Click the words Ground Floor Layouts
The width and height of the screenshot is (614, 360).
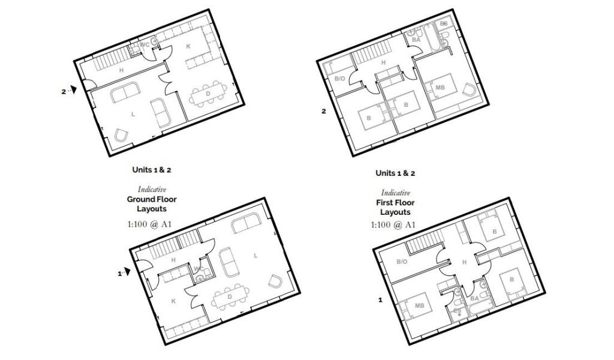151,204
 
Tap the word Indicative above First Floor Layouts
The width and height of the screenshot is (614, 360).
395,193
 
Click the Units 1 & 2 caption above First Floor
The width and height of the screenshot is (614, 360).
395,173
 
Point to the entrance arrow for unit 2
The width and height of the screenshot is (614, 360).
74,91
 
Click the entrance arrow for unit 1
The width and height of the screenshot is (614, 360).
127,273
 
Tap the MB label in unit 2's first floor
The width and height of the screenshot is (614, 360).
440,88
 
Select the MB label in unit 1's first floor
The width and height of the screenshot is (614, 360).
420,306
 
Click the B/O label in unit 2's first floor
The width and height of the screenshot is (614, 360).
339,79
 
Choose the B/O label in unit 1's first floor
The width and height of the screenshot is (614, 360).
402,262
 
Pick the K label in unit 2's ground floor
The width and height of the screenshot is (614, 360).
188,46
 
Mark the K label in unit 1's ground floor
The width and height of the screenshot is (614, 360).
173,301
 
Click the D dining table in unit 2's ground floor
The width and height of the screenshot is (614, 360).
209,95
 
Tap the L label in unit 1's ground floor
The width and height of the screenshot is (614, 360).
256,256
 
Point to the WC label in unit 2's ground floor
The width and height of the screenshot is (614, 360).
145,45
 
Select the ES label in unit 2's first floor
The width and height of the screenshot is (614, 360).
444,24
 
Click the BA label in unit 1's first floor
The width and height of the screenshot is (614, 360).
474,298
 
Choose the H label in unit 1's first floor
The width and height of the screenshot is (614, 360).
463,262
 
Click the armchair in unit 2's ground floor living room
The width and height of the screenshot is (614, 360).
122,136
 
